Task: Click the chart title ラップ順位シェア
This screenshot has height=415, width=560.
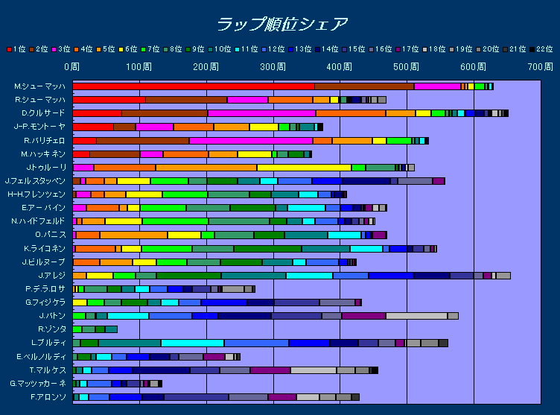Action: click(281, 24)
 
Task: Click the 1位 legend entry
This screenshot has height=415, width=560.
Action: click(16, 49)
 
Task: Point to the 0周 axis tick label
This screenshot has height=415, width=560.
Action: click(71, 67)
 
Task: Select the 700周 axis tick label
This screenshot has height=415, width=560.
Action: click(539, 67)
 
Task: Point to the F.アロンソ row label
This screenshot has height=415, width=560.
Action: click(47, 397)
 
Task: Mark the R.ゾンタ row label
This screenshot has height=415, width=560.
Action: click(51, 329)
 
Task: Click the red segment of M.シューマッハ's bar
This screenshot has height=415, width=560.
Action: click(194, 86)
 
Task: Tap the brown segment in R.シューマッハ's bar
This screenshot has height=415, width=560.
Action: click(186, 100)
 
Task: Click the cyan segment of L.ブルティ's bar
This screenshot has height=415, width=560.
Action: click(192, 343)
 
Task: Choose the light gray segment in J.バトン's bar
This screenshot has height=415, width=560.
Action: click(416, 316)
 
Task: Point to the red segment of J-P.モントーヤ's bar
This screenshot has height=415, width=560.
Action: click(93, 127)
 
